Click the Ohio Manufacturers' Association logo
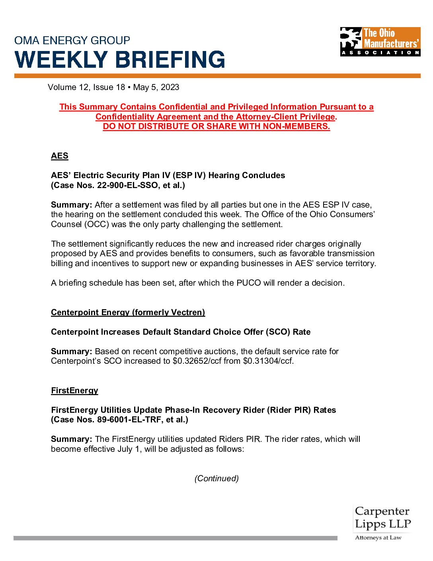click(380, 41)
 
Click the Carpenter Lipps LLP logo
click(382, 518)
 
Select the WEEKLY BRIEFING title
click(120, 60)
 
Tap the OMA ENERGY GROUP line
click(72, 41)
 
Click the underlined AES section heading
click(60, 156)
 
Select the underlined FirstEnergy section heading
click(74, 390)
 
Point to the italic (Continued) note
click(216, 479)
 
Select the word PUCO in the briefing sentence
click(248, 283)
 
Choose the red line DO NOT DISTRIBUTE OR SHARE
click(216, 126)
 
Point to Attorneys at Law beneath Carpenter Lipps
click(378, 538)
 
